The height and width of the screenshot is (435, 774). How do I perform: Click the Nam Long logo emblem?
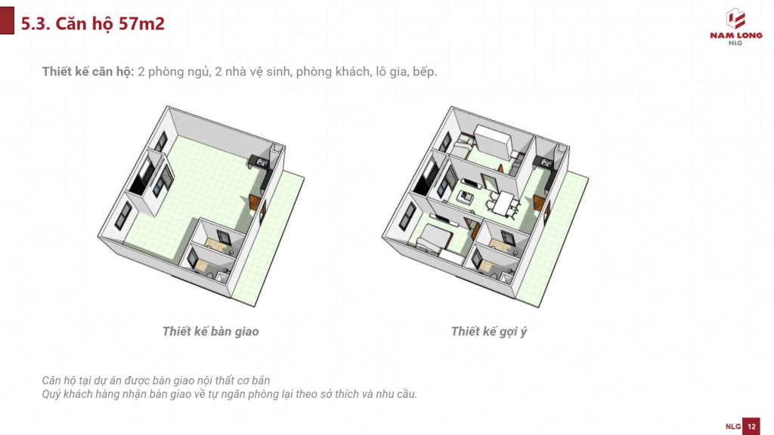[x=735, y=19]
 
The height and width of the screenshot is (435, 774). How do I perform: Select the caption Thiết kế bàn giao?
[x=210, y=332]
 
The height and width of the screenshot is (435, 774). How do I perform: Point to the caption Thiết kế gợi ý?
[x=489, y=332]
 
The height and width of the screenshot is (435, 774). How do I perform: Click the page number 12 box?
[x=751, y=426]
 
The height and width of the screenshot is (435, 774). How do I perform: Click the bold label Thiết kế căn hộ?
[x=88, y=72]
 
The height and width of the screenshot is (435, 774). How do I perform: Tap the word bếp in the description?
[x=425, y=72]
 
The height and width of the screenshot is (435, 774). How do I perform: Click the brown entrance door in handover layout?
[x=255, y=202]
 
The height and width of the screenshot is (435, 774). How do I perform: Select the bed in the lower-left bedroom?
[x=435, y=239]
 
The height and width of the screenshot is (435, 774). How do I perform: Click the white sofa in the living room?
[x=465, y=198]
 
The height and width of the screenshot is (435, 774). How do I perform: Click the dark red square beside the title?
[x=7, y=20]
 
